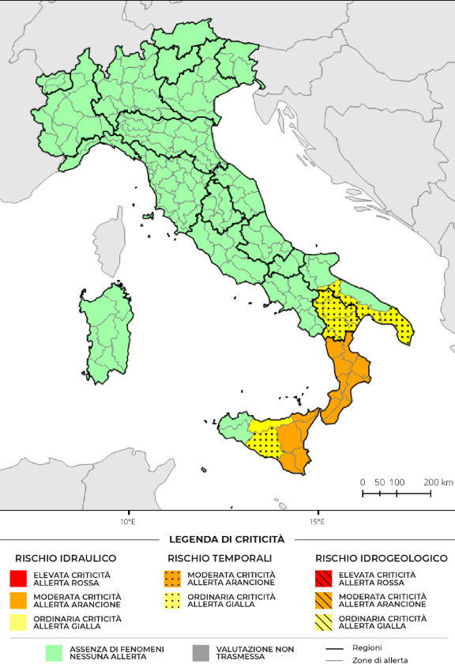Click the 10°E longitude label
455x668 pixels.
pyautogui.click(x=127, y=521)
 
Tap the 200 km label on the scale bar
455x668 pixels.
pyautogui.click(x=438, y=481)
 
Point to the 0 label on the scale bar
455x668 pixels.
pyautogui.click(x=363, y=481)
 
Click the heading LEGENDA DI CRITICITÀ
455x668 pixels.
pyautogui.click(x=227, y=539)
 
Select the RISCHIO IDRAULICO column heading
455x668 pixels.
pyautogui.click(x=66, y=558)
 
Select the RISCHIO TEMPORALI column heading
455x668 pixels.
pyautogui.click(x=220, y=558)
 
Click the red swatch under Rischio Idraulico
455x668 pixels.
pyautogui.click(x=20, y=578)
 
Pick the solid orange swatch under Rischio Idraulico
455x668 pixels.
pyautogui.click(x=20, y=600)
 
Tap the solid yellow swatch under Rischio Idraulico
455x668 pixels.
pyautogui.click(x=20, y=622)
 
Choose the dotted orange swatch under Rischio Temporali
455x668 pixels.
pyautogui.click(x=173, y=578)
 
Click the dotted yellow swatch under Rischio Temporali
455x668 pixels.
pyautogui.click(x=173, y=600)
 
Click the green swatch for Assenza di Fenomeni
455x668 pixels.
pyautogui.click(x=55, y=652)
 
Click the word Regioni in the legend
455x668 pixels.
pyautogui.click(x=367, y=647)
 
